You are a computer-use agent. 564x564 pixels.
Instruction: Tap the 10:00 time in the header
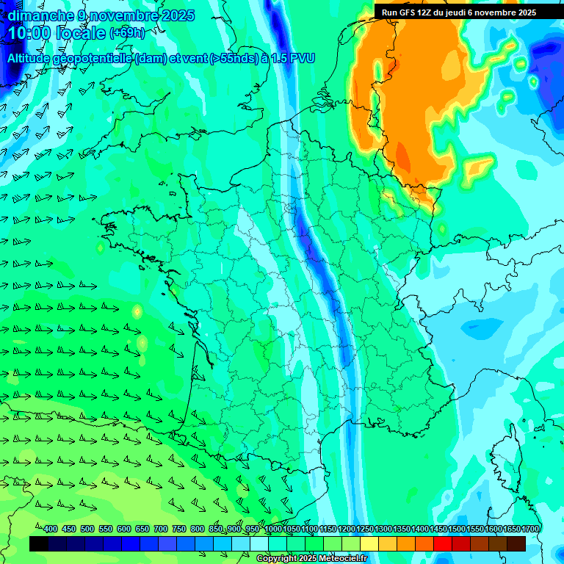pos(30,33)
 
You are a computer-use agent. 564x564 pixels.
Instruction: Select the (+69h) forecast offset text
pos(127,33)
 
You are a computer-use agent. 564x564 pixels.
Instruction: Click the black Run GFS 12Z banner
pos(458,12)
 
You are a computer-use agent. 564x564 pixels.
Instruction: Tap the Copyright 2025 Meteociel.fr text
pos(311,559)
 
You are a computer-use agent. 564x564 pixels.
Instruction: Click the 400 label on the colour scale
pos(50,529)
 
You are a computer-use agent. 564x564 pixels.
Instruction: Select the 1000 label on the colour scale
pos(272,529)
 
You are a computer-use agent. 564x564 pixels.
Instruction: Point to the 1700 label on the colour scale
pos(529,529)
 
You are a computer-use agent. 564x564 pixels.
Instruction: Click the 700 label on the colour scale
pos(161,529)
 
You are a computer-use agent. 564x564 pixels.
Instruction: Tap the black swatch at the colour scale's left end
pos(39,543)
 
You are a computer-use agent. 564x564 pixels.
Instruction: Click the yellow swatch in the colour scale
pos(369,543)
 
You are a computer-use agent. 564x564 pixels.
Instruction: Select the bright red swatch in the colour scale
pos(443,543)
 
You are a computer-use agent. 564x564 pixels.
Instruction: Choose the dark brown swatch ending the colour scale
pos(516,543)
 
